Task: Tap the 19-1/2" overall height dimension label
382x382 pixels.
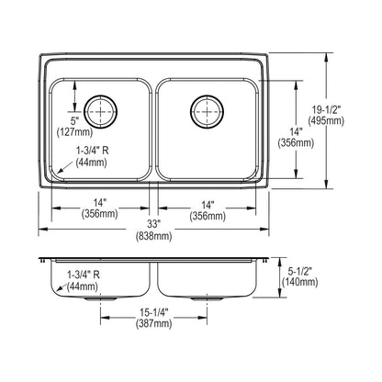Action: click(326, 109)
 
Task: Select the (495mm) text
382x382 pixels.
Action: click(326, 121)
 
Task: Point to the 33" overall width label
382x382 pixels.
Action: click(153, 224)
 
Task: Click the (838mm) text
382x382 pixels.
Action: click(153, 236)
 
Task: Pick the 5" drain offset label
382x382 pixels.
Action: click(74, 120)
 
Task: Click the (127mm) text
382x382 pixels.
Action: click(74, 132)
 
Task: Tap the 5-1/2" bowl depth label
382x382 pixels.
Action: click(299, 270)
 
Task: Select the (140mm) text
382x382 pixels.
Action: click(299, 282)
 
